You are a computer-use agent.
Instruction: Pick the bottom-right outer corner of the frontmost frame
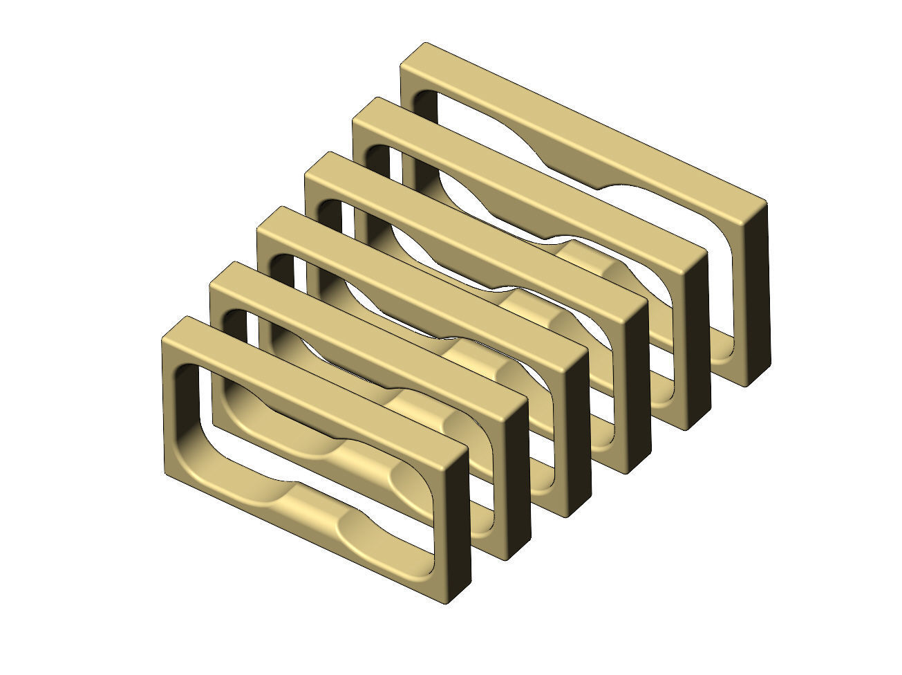coord(449,600)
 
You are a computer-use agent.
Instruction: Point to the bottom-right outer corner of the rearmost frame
coord(745,384)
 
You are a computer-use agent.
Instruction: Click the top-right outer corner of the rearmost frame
coord(764,203)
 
